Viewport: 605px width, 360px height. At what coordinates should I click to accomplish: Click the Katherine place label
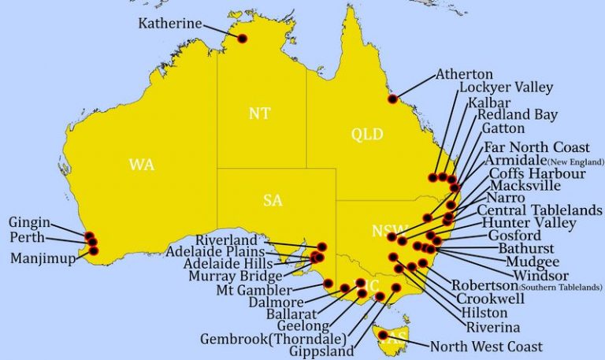[170, 24]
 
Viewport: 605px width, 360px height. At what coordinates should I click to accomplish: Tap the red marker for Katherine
[242, 39]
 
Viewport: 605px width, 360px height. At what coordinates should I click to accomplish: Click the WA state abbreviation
[141, 165]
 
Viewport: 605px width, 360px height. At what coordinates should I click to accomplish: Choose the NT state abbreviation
[259, 113]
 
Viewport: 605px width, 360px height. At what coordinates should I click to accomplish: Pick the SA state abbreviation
[273, 201]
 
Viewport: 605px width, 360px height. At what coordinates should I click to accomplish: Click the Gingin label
[29, 223]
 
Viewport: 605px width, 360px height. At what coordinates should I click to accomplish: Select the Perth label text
[28, 238]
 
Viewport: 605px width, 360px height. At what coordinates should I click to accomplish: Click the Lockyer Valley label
[506, 87]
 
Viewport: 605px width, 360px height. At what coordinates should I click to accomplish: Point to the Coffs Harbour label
[537, 173]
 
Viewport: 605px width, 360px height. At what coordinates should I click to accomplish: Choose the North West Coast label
[486, 346]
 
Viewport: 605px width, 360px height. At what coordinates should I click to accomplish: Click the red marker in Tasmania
[383, 335]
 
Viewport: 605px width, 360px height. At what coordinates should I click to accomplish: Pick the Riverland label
[226, 239]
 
